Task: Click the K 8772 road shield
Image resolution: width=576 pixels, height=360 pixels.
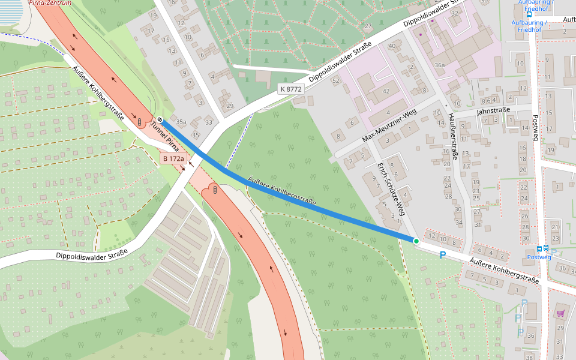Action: coord(291,89)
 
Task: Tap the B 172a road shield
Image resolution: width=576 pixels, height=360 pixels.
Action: coord(173,158)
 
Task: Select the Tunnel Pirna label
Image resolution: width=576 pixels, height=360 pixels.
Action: coord(165,136)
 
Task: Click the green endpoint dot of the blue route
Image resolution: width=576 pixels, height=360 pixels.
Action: coord(416,241)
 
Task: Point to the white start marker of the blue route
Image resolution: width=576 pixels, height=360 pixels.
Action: coord(160,119)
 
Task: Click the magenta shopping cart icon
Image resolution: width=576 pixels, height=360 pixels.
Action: coord(560,313)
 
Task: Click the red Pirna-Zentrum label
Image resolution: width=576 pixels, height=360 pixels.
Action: coord(50,3)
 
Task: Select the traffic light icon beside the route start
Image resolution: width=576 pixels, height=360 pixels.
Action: coord(140,122)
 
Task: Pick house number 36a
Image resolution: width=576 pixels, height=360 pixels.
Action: coord(439,65)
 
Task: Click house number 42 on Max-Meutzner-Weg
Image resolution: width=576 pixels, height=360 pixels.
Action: coord(386,91)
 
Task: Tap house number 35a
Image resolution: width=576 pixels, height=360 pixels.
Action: coord(181,122)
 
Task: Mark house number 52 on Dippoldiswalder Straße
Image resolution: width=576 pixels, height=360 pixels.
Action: coord(336,80)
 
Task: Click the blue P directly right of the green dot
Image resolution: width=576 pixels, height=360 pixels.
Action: coord(443,255)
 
